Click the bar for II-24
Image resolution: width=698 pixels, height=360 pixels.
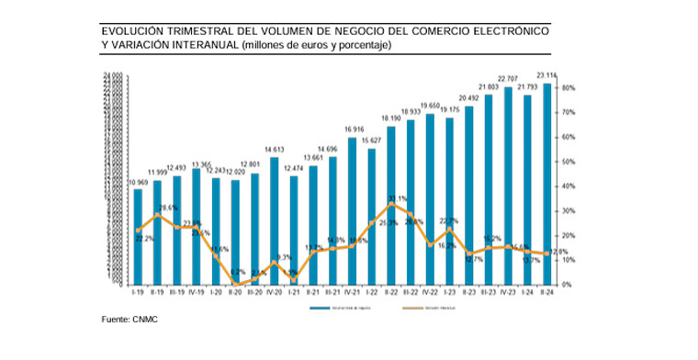tap(546, 184)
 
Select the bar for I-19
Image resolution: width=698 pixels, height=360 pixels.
tap(138, 234)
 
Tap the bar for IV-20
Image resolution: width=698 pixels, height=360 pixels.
tap(274, 220)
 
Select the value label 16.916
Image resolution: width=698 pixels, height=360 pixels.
tap(352, 129)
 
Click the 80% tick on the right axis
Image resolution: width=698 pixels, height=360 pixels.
tap(569, 88)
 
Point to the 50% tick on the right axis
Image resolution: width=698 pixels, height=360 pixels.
tap(569, 162)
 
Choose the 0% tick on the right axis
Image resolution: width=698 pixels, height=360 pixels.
tap(569, 285)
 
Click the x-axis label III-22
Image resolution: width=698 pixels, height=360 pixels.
tap(410, 291)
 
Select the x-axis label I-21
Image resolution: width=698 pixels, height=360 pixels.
tap(293, 291)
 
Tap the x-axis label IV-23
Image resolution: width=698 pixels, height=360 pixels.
tap(507, 291)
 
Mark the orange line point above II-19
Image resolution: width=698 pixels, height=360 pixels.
tap(157, 214)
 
